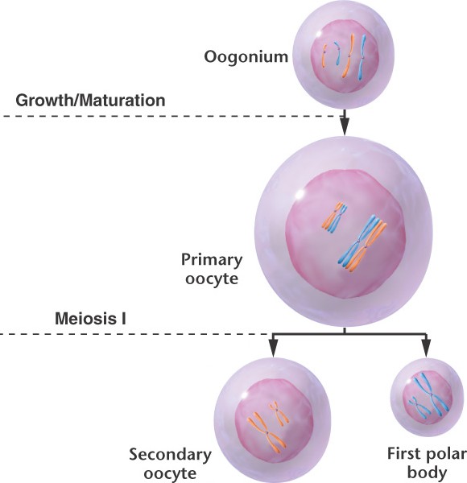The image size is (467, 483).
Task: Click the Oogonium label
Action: [246, 57]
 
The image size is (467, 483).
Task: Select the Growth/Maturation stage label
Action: [90, 101]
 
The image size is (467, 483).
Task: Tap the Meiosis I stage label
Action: [90, 319]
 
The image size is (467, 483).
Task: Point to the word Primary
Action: [212, 261]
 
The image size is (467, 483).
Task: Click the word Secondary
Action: [170, 455]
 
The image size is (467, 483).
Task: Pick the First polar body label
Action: [427, 463]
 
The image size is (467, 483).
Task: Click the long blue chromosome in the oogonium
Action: [362, 57]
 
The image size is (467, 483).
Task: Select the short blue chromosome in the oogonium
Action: [337, 53]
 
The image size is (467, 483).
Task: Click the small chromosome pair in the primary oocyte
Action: [334, 217]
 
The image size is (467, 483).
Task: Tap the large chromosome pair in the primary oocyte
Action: [362, 243]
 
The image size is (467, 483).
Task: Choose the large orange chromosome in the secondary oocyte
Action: [267, 432]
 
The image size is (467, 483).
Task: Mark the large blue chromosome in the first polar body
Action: [432, 394]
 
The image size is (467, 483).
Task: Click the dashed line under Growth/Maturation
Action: [170, 117]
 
